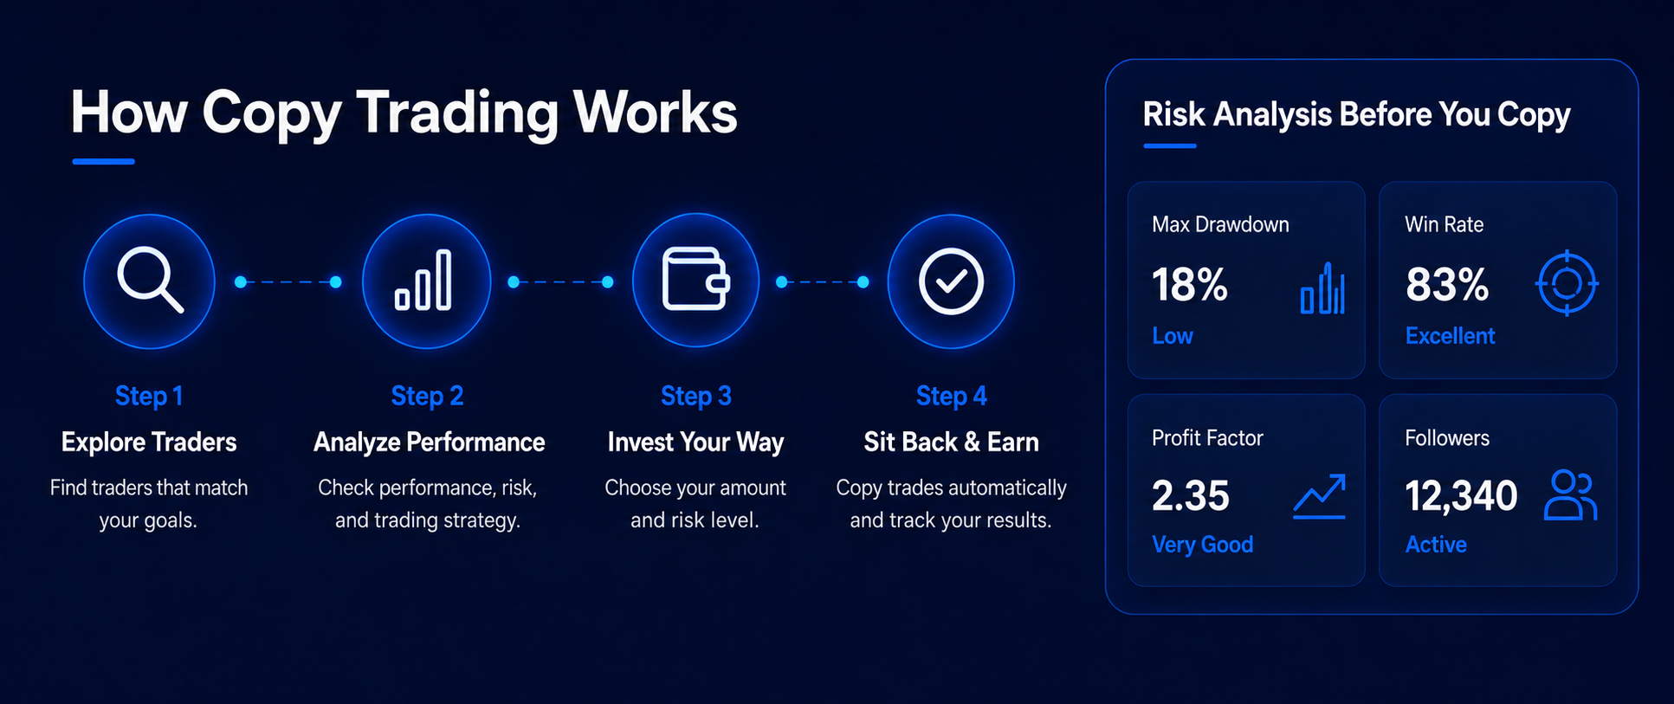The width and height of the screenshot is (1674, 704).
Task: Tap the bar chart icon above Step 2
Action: tap(423, 280)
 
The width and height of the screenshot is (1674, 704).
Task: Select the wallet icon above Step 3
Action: tap(695, 279)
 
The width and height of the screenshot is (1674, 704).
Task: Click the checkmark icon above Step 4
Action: tap(951, 281)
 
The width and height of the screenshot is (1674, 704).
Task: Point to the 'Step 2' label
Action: tap(427, 396)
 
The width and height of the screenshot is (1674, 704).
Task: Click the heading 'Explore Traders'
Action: tap(149, 442)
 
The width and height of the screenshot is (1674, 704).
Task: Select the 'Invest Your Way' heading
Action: tap(695, 442)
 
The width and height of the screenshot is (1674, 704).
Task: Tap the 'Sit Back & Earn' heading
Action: tap(951, 442)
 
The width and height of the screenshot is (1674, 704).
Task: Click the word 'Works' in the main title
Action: tap(655, 112)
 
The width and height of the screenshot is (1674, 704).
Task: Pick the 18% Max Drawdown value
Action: tap(1189, 284)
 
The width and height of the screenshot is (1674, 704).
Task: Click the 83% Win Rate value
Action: tap(1446, 284)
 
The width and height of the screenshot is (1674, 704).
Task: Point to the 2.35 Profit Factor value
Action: tap(1190, 496)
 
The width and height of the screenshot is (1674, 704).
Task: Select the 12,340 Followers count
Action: tap(1461, 496)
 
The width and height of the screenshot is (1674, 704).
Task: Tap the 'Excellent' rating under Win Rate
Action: tap(1450, 336)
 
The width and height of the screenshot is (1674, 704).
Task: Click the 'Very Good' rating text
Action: tap(1202, 545)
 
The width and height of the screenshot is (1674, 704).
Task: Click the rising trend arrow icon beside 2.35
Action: tap(1319, 496)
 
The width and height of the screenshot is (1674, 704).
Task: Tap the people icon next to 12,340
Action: tap(1570, 495)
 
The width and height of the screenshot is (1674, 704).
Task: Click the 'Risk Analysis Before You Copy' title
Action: tap(1356, 114)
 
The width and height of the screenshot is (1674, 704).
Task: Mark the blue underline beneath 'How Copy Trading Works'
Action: tap(103, 161)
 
